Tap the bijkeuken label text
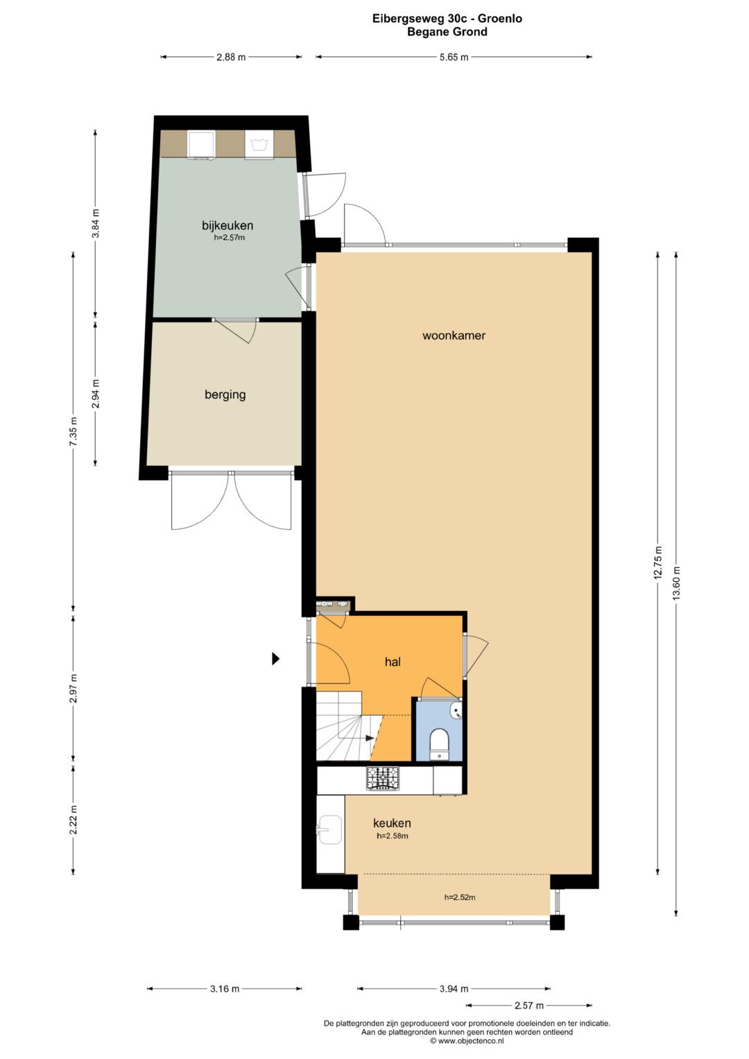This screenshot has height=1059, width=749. pyautogui.click(x=227, y=225)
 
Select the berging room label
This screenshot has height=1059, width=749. pyautogui.click(x=225, y=395)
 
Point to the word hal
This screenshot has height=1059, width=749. pyautogui.click(x=393, y=662)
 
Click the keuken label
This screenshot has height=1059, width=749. pyautogui.click(x=392, y=823)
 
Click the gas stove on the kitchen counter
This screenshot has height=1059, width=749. pyautogui.click(x=383, y=778)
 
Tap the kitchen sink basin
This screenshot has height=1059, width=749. pyautogui.click(x=330, y=829)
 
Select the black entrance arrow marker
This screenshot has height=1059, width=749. pyautogui.click(x=276, y=659)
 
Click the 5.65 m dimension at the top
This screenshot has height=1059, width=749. pyautogui.click(x=454, y=57)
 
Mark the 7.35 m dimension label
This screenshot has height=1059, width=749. pyautogui.click(x=73, y=431)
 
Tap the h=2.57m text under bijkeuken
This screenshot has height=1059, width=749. pyautogui.click(x=230, y=238)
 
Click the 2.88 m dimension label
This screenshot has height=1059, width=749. pyautogui.click(x=231, y=57)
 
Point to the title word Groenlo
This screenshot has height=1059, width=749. pyautogui.click(x=500, y=19)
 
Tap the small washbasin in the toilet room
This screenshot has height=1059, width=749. pyautogui.click(x=456, y=711)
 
